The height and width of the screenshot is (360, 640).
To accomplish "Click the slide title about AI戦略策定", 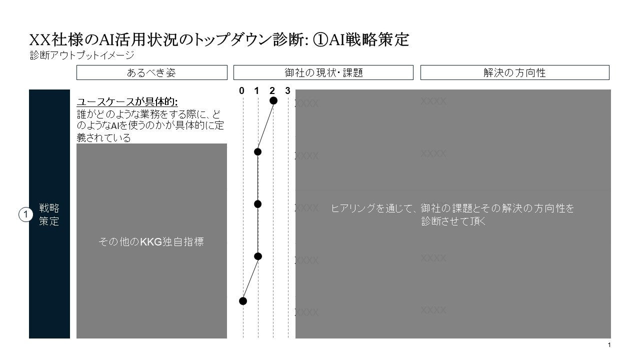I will point(219,40).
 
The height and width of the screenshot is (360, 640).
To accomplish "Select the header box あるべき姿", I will point(151,72).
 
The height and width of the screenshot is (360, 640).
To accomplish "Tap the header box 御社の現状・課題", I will point(323,72).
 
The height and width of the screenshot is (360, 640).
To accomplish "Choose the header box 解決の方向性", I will point(514,72).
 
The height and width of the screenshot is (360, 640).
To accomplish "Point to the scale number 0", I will point(242,90).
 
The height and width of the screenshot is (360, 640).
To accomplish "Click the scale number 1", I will point(257,90).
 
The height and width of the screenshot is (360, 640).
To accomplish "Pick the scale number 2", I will point(272,90).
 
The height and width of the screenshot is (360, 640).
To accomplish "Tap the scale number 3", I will point(287,90).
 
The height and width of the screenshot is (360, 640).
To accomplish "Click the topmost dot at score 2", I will point(273,100).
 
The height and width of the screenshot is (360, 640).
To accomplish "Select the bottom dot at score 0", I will point(243,300).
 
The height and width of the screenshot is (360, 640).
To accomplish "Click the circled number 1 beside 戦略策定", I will point(25,214).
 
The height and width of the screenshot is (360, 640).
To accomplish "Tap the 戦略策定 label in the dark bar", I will point(49,214).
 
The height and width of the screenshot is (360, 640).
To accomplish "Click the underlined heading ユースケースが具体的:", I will point(127,102).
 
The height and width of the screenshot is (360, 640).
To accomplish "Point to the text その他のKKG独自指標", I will point(151,242).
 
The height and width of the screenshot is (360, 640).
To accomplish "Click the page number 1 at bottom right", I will point(609,345).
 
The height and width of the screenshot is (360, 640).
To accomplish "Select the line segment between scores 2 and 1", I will point(265,126).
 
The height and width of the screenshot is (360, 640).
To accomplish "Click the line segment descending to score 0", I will point(250,278).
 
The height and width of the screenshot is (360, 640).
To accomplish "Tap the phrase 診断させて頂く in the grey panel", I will point(453,221).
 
